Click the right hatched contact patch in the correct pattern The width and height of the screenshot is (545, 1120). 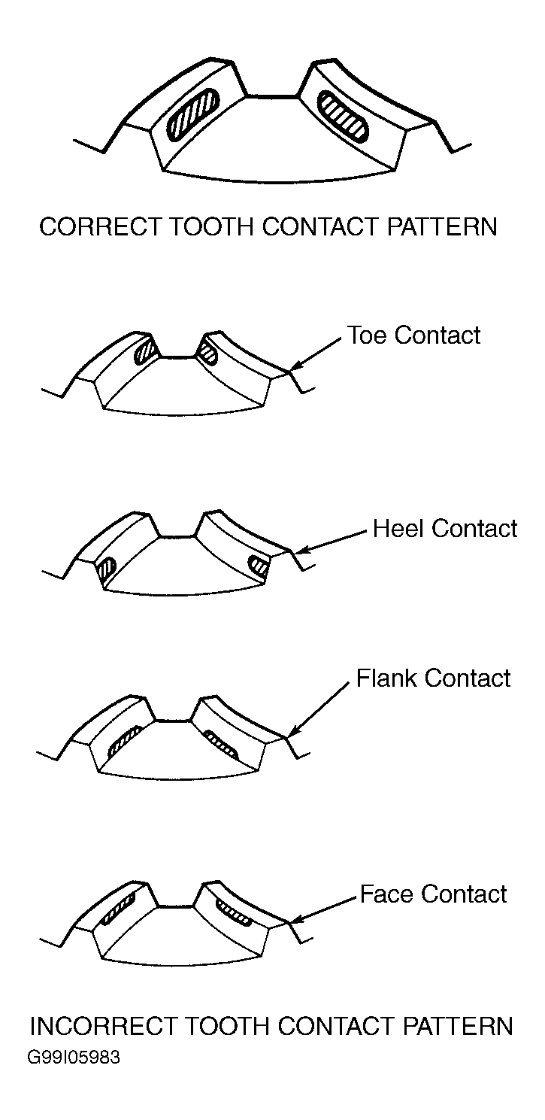click(343, 114)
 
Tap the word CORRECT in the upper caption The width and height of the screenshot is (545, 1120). click(101, 226)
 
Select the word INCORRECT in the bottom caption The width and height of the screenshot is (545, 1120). click(103, 1027)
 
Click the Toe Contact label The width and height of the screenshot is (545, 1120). click(413, 335)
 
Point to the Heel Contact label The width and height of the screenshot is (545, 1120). click(445, 529)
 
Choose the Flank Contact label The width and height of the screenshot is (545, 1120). click(433, 678)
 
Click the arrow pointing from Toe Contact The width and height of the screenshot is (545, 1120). click(316, 354)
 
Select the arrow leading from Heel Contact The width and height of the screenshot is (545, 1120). click(332, 542)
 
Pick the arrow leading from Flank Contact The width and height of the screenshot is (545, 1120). click(318, 710)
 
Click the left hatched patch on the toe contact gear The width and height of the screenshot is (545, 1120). click(145, 351)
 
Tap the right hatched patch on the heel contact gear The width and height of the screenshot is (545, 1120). click(259, 566)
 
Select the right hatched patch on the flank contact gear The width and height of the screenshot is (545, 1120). click(221, 745)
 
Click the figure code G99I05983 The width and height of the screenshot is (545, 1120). click(74, 1058)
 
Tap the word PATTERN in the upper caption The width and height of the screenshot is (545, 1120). click(442, 226)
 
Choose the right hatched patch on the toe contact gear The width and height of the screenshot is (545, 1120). click(207, 354)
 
